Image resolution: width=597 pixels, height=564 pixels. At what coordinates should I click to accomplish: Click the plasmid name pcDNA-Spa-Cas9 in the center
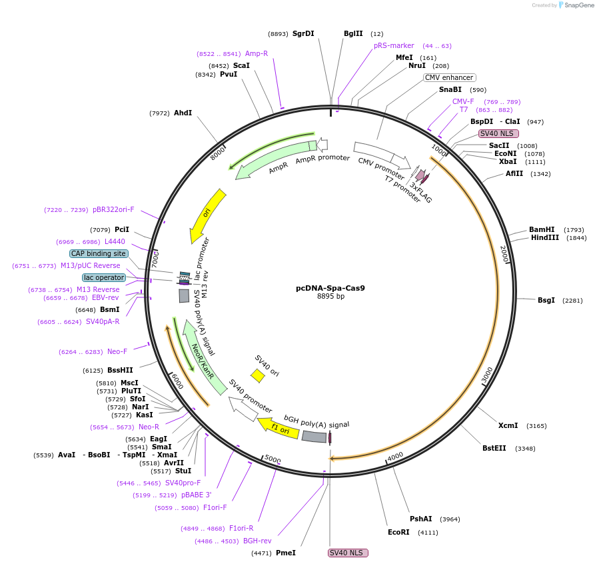click(x=330, y=289)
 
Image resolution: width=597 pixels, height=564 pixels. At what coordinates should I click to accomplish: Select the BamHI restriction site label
click(x=542, y=229)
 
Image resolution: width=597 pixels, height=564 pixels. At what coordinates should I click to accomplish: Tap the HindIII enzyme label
click(x=544, y=238)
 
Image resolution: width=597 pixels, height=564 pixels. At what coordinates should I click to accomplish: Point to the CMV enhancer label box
click(x=449, y=77)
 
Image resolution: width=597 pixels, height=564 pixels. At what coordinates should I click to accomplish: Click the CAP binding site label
click(x=99, y=253)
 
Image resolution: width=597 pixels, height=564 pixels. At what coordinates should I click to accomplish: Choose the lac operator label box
click(x=104, y=277)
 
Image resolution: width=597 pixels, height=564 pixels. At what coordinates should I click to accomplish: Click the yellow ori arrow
click(x=207, y=215)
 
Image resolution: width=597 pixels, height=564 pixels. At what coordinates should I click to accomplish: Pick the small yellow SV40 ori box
click(x=258, y=376)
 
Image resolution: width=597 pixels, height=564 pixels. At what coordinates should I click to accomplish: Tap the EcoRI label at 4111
click(x=399, y=533)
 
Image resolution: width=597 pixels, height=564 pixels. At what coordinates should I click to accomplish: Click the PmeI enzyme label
click(x=285, y=553)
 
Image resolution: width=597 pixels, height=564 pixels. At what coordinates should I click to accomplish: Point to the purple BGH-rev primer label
click(x=257, y=541)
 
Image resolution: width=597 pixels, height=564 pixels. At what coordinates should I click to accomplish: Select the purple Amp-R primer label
click(x=256, y=53)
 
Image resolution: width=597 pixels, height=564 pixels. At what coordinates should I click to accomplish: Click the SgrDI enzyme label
click(x=303, y=33)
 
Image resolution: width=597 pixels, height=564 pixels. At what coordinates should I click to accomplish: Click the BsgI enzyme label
click(x=546, y=300)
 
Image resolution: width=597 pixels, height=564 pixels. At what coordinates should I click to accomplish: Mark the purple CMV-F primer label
click(x=463, y=101)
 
